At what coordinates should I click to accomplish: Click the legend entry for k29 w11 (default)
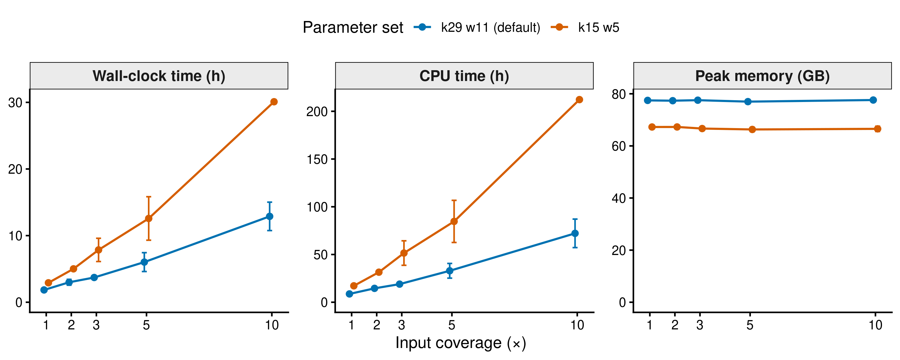477,27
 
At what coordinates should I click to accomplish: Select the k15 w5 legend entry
585,27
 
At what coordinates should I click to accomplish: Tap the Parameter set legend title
353,27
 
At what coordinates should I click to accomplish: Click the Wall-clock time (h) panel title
159,76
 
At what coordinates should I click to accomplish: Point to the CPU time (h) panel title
464,76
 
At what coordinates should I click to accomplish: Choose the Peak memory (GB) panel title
762,76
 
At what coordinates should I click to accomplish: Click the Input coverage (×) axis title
460,343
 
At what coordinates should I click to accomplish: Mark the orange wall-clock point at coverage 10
274,102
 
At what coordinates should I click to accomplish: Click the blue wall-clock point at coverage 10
269,216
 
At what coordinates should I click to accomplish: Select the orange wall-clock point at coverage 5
148,218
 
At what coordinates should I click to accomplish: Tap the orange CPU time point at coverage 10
579,100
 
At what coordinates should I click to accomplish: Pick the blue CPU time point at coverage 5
450,271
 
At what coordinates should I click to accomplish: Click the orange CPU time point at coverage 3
403,253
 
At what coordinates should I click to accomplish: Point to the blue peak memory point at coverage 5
748,102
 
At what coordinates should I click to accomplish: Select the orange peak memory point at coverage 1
652,127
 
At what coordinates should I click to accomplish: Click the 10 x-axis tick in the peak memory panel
875,325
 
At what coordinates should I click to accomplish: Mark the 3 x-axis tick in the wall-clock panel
96,325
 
